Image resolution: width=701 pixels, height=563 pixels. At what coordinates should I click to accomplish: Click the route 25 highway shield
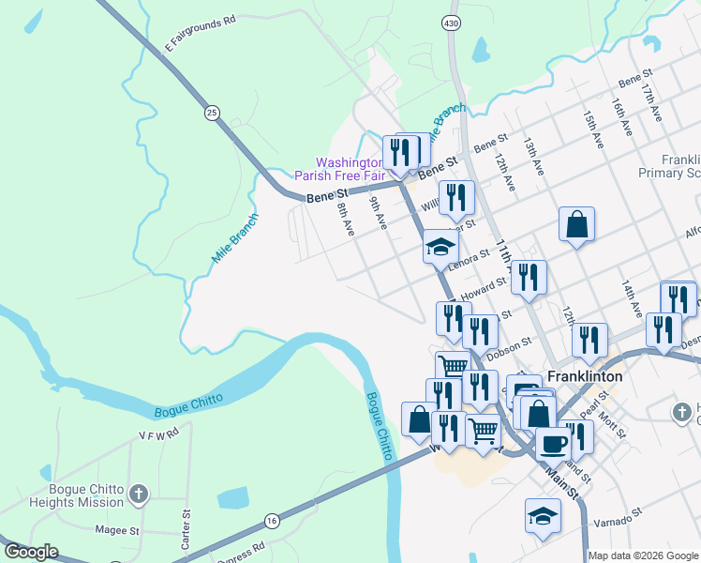pyautogui.click(x=212, y=113)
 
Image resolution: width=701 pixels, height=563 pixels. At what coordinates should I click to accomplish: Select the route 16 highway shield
pyautogui.click(x=272, y=520)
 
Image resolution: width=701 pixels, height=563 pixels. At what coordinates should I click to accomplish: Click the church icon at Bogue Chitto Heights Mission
pyautogui.click(x=138, y=494)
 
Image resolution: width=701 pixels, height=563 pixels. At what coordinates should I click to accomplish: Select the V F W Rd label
pyautogui.click(x=157, y=435)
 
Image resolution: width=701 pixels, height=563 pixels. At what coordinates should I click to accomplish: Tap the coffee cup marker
pyautogui.click(x=552, y=442)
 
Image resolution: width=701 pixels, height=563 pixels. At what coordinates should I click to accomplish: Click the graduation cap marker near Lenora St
pyautogui.click(x=440, y=248)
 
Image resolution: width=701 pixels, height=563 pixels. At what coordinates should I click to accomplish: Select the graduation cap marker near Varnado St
pyautogui.click(x=543, y=517)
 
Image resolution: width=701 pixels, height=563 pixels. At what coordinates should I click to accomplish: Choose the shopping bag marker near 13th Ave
pyautogui.click(x=576, y=225)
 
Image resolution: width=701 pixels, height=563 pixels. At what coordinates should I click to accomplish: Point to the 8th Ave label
pyautogui.click(x=346, y=221)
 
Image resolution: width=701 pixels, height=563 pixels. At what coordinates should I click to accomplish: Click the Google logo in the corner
pyautogui.click(x=31, y=552)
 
